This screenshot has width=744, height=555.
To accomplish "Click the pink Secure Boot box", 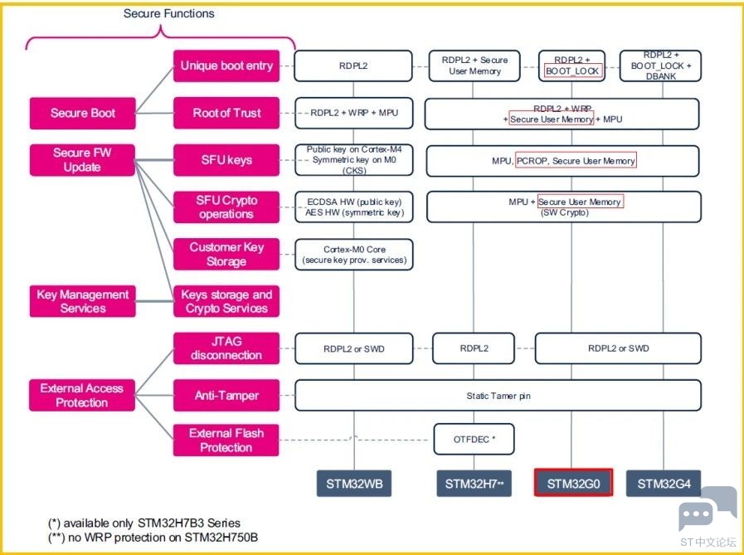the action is [83, 113].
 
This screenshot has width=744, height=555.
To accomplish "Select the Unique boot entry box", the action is [226, 66].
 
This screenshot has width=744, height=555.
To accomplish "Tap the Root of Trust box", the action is [226, 113].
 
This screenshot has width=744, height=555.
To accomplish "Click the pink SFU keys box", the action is [226, 160].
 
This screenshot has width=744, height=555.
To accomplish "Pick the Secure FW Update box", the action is [82, 160].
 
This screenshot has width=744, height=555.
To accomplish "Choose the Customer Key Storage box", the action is [226, 254].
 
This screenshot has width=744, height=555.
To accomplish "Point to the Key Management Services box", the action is [83, 301].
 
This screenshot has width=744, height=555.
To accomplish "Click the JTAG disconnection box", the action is [226, 348].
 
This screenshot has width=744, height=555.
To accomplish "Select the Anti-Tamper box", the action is [226, 395].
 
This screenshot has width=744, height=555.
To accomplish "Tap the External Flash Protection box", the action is [226, 441].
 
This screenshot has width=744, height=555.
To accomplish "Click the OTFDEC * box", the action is [474, 439].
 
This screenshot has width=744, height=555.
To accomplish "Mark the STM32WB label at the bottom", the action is [354, 484].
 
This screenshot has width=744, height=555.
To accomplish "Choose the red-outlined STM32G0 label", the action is [573, 483].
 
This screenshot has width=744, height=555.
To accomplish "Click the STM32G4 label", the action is [664, 484].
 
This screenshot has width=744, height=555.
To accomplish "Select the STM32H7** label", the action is [474, 484].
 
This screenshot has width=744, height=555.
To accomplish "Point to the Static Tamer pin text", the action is [498, 396].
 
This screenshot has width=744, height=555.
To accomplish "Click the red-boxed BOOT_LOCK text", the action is [573, 71].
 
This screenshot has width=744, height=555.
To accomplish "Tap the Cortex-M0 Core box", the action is [354, 255].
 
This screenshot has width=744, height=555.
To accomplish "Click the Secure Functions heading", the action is [169, 13].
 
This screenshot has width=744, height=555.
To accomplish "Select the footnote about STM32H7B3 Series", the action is [144, 523].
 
